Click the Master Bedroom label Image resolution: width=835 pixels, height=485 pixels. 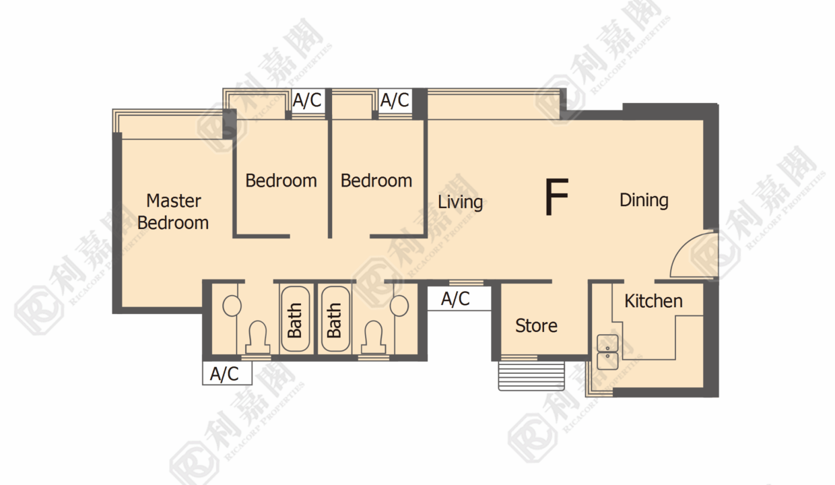173,212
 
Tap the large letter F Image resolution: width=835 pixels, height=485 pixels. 556,196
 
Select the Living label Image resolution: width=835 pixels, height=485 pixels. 461,202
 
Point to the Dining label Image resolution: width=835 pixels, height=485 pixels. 644,200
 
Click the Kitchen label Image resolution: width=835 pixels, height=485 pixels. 653,301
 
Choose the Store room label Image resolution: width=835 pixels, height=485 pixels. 537,326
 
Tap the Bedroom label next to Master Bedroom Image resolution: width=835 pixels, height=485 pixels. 281,181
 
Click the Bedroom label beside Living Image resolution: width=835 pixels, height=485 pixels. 376,181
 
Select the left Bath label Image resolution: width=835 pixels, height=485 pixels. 294,320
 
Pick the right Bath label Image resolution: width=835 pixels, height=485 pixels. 334,320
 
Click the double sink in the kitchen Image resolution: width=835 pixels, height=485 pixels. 607,352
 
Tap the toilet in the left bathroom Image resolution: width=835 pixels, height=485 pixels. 258,337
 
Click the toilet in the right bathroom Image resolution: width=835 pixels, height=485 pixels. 374,337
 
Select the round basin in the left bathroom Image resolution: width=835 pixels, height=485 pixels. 232,306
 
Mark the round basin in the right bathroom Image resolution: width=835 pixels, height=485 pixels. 399,306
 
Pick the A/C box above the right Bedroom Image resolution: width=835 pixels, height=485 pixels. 395,100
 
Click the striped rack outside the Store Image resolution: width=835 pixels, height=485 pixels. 531,376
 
